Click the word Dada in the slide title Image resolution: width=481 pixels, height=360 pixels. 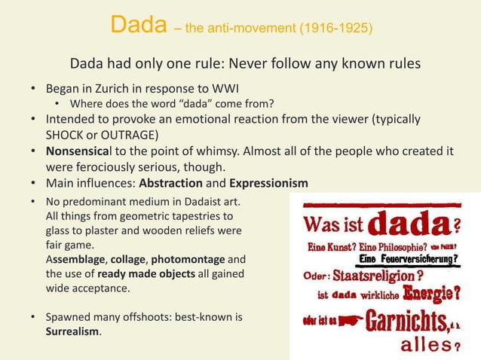tap(138, 26)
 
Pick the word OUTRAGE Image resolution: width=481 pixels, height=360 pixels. tap(130, 135)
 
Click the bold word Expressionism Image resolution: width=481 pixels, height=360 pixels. tap(268, 183)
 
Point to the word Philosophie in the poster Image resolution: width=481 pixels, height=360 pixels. tap(388, 246)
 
